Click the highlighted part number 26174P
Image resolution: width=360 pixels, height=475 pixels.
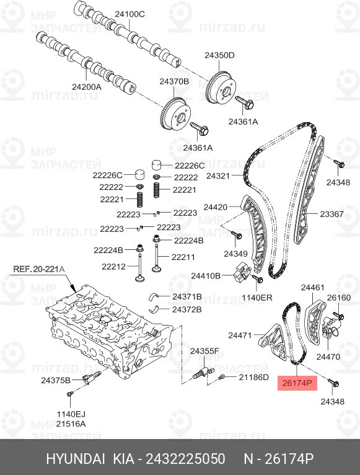(297, 383)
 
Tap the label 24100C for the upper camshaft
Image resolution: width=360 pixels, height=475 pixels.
(130, 14)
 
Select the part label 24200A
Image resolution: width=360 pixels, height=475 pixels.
(87, 87)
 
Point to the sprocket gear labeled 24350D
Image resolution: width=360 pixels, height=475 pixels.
(220, 88)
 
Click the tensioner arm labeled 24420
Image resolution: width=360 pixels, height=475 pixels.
(253, 231)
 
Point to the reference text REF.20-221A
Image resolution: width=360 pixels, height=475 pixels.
(39, 269)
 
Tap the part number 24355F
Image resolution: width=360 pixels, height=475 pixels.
(204, 351)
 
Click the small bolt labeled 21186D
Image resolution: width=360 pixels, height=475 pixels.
(222, 377)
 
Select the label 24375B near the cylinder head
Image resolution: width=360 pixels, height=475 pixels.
(56, 380)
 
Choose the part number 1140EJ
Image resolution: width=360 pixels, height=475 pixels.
(71, 414)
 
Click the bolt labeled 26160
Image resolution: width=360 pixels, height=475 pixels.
(338, 316)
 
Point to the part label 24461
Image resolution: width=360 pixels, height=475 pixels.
(312, 288)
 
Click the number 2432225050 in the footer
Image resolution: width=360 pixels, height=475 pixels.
(186, 459)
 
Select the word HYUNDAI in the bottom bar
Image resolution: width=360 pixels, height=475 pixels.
(76, 459)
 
